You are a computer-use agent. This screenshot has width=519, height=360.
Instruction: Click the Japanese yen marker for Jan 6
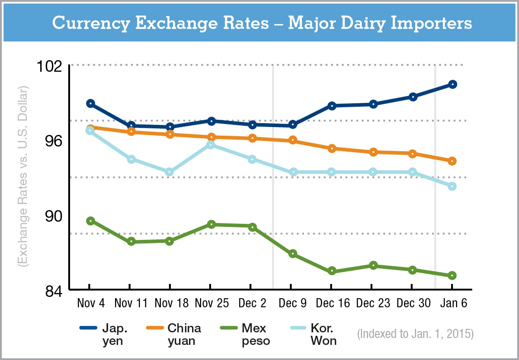[452, 84]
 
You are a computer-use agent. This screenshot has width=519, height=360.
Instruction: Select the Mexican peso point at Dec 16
[332, 271]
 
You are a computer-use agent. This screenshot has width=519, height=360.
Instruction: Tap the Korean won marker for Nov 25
[211, 145]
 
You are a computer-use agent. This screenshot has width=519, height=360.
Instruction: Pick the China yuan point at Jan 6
[452, 161]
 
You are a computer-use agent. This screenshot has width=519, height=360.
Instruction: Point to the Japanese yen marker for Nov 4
[90, 103]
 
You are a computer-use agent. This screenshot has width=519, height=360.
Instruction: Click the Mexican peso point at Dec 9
[292, 254]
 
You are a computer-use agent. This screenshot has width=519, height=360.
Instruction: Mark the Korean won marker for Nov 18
[169, 172]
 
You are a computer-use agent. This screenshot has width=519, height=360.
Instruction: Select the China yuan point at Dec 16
[332, 148]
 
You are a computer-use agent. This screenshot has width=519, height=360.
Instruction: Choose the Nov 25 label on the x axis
[211, 303]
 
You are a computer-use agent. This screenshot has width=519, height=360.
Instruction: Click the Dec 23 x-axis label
[372, 303]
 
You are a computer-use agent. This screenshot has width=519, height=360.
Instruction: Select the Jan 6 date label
[453, 303]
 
